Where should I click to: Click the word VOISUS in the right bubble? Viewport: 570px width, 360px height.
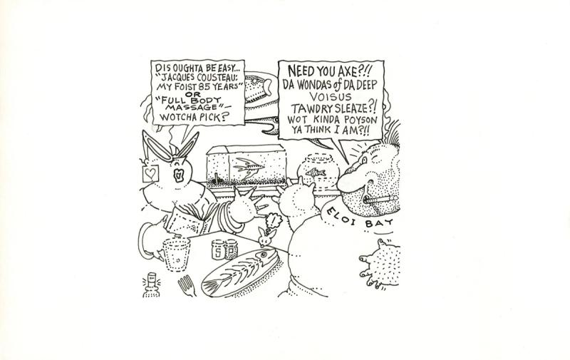[x=331, y=97]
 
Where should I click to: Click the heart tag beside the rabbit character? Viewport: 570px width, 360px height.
[x=150, y=173]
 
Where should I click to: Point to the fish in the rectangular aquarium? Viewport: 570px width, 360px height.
[x=249, y=169]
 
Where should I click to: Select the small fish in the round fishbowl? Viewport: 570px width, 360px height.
[x=316, y=172]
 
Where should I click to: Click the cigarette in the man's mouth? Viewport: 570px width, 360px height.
[x=380, y=200]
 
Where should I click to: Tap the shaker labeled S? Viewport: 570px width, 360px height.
[x=217, y=250]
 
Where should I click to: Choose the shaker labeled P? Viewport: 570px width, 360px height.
[x=231, y=249]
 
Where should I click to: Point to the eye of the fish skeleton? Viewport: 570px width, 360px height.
[x=263, y=253]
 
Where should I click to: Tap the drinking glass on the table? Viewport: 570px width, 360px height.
[x=176, y=254]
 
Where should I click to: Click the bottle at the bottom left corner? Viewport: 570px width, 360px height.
[x=151, y=286]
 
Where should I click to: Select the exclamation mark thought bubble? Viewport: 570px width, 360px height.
[x=274, y=220]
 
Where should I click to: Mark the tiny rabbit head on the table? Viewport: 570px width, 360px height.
[x=266, y=237]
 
